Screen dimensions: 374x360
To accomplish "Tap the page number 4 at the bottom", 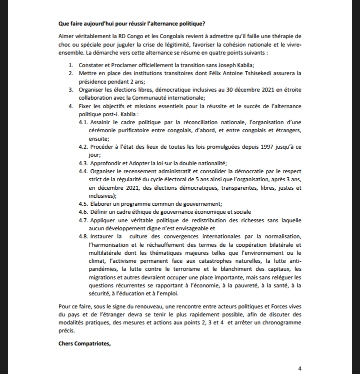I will pyautogui.click(x=299, y=368).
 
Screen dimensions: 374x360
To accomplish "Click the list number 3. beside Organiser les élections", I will pyautogui.click(x=71, y=90).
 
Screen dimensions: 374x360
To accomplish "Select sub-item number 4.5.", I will pyautogui.click(x=83, y=204).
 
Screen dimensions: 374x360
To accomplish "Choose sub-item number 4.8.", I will pyautogui.click(x=83, y=237).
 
